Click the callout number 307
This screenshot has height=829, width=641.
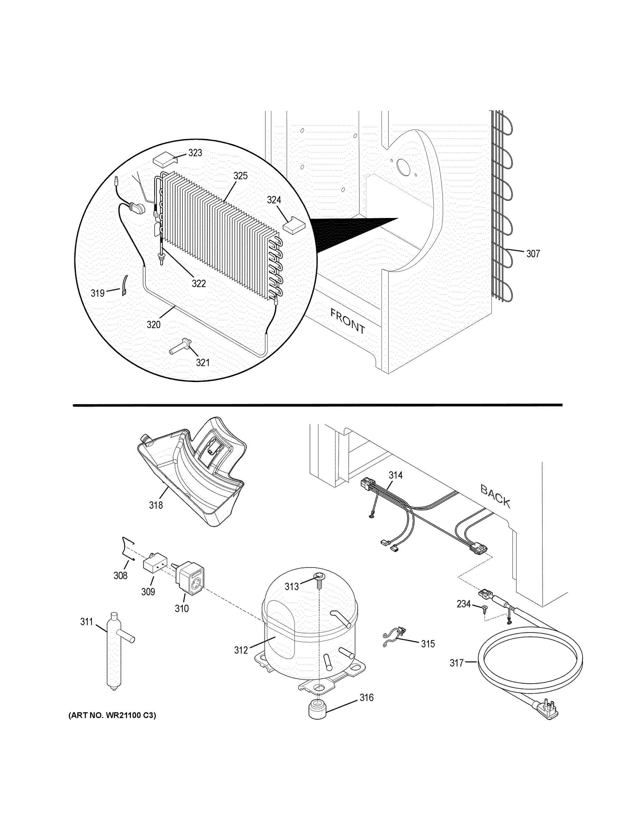pyautogui.click(x=533, y=254)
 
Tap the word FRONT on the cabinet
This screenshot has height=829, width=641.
pyautogui.click(x=348, y=321)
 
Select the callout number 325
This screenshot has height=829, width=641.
pyautogui.click(x=241, y=176)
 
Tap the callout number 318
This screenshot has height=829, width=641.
pyautogui.click(x=156, y=505)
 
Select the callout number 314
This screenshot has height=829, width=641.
pyautogui.click(x=395, y=475)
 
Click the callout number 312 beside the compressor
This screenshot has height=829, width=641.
pyautogui.click(x=241, y=650)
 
